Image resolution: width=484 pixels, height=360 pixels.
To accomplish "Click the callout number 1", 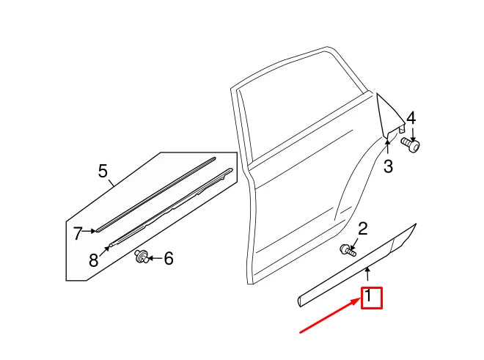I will (370, 297).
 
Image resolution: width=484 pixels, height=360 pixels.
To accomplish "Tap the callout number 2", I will (362, 229).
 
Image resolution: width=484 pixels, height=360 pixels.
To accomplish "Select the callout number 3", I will (388, 166).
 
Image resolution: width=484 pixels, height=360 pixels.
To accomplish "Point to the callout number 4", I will (411, 118).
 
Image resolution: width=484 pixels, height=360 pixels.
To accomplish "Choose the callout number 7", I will (78, 232).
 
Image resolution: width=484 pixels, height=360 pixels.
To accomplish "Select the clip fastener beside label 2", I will (347, 250).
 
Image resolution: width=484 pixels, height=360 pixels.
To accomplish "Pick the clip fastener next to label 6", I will (141, 256).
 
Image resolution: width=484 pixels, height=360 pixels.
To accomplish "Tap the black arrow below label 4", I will (411, 133).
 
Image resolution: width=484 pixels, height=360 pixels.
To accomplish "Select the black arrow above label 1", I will (368, 276).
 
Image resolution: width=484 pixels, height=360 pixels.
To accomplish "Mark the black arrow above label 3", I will (389, 147).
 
